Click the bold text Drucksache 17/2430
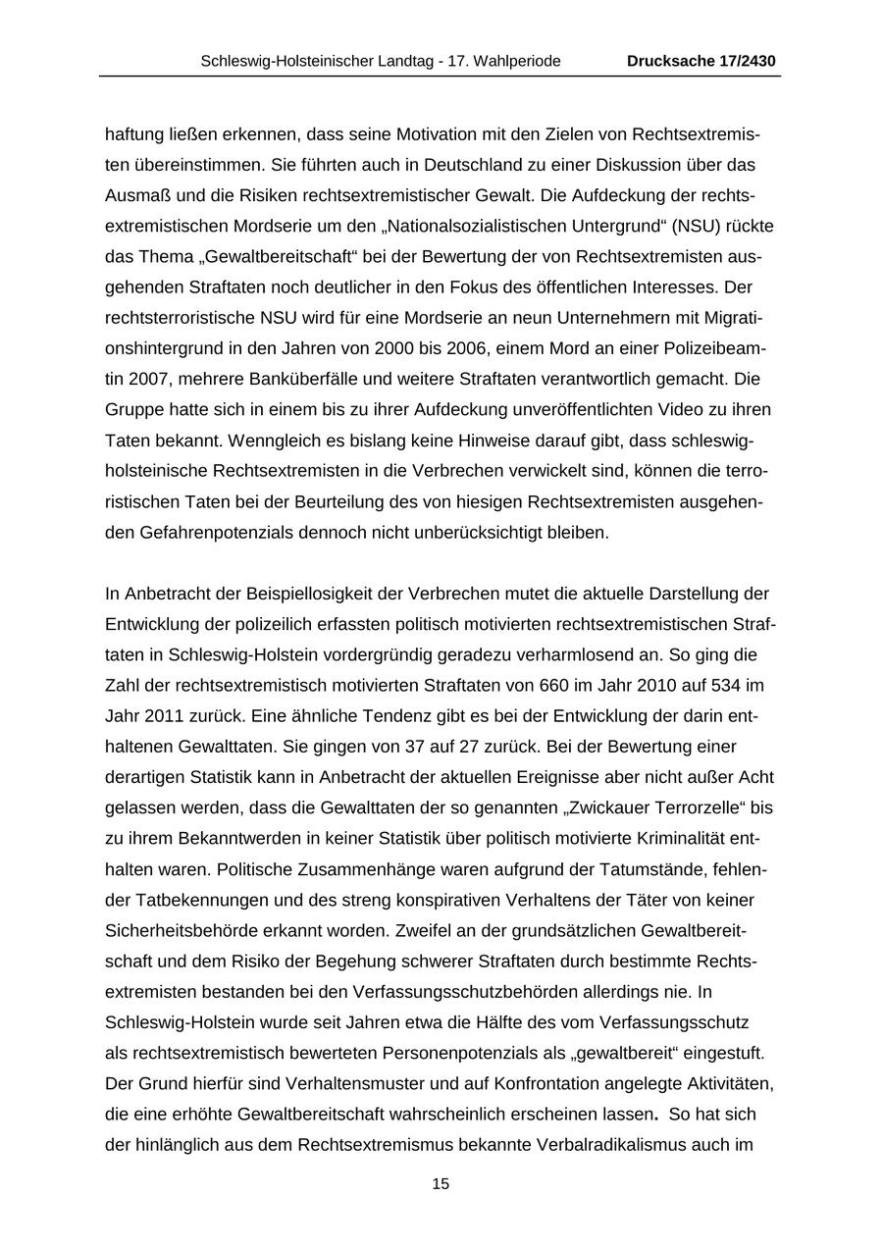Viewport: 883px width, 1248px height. [x=701, y=61]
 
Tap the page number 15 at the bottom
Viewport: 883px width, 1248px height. [x=441, y=1184]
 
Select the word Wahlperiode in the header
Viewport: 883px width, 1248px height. [x=519, y=61]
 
